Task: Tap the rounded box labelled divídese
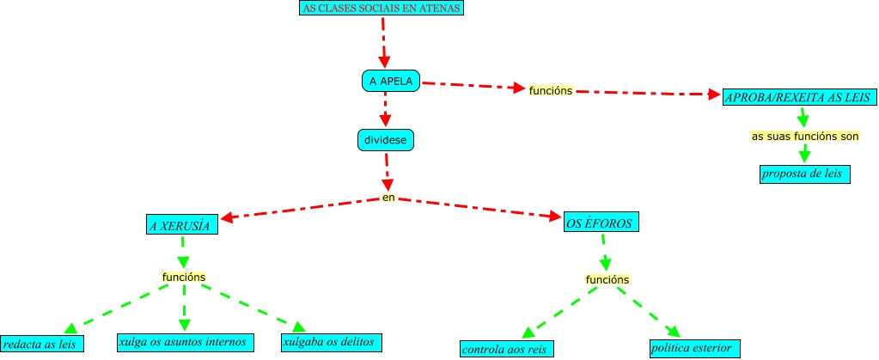click(x=386, y=138)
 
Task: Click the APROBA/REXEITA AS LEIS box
click(x=799, y=98)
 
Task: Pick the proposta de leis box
click(x=804, y=174)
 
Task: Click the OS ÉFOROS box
click(x=601, y=223)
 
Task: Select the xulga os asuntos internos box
click(x=185, y=342)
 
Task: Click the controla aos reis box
click(x=506, y=349)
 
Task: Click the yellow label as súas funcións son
click(x=804, y=136)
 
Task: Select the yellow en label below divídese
click(x=388, y=198)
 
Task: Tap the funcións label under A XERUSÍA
click(x=183, y=277)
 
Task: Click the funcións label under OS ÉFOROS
click(x=607, y=279)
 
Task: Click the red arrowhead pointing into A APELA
click(x=384, y=61)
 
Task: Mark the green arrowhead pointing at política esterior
click(x=673, y=332)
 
